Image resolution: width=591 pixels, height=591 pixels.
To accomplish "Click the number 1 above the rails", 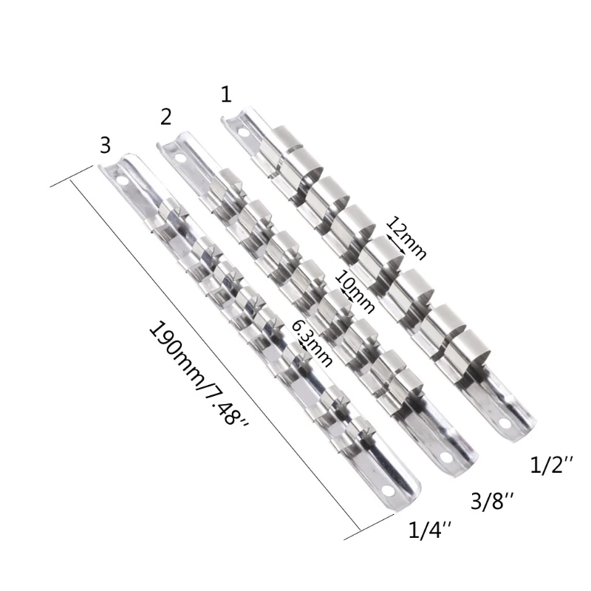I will [225, 94].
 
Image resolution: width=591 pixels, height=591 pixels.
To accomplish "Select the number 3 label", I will [105, 145].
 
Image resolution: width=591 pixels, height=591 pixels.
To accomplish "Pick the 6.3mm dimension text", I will [312, 341].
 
